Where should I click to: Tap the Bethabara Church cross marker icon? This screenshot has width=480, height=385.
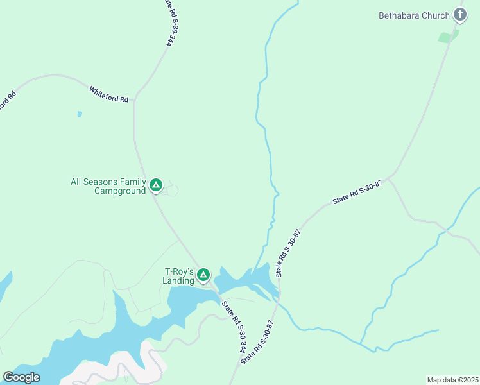(x=459, y=14)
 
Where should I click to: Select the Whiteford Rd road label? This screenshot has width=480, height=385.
(x=109, y=95)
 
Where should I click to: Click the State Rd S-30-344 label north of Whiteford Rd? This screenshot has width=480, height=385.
(x=169, y=22)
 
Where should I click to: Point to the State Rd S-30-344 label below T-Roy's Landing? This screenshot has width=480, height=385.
(x=234, y=327)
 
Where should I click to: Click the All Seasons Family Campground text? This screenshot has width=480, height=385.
(x=108, y=186)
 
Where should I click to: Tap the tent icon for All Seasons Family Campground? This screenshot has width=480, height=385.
(x=155, y=185)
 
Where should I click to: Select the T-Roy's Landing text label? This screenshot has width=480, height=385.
(x=179, y=276)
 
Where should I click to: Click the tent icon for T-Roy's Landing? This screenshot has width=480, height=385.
(x=203, y=275)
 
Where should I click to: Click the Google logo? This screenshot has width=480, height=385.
(x=21, y=377)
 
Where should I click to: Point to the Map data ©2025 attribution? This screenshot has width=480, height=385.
(x=452, y=379)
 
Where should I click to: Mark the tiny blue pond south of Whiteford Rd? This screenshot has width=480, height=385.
(x=80, y=114)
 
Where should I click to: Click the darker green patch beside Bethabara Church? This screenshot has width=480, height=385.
(x=447, y=37)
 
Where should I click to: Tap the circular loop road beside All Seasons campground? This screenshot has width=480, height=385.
(x=172, y=190)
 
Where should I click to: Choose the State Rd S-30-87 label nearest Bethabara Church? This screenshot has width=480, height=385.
(x=357, y=193)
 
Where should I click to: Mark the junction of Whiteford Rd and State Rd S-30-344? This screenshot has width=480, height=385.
(x=135, y=102)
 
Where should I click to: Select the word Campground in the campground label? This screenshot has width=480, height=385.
(x=120, y=191)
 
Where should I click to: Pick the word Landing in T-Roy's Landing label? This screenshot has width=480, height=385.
(x=178, y=280)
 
